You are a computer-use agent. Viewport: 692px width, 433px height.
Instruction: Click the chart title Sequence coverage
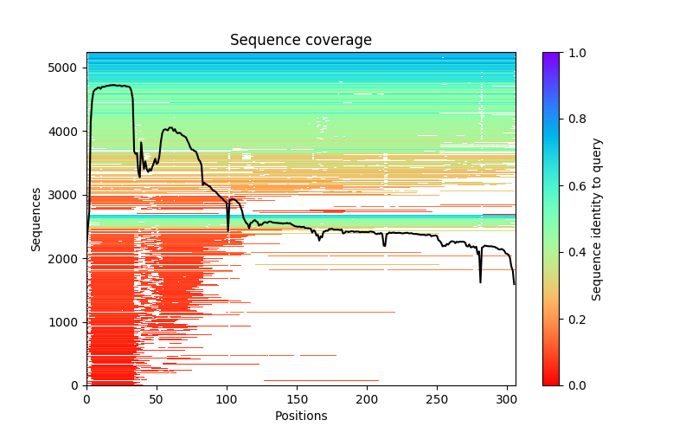coord(300,40)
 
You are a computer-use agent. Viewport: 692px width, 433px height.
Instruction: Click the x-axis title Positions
coord(300,416)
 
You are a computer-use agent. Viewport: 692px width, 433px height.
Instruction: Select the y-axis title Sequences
coord(36,218)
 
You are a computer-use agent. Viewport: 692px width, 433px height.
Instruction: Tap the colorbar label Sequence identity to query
coord(597,218)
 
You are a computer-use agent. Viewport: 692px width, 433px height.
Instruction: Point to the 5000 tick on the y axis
coord(68,68)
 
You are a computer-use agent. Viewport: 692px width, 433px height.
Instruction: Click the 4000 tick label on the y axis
coord(68,132)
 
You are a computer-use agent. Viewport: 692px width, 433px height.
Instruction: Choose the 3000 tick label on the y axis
coord(68,195)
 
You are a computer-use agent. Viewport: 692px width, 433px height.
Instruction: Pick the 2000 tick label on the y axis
coord(68,259)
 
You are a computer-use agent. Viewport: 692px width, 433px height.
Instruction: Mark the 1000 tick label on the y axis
coord(68,322)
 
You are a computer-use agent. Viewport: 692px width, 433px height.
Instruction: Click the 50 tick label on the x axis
coord(157,398)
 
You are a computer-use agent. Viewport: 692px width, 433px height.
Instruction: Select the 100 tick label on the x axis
coord(227,398)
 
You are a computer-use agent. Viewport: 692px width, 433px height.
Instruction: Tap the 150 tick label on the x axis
coord(297,398)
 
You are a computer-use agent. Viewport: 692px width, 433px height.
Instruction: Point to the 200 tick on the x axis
coord(367,398)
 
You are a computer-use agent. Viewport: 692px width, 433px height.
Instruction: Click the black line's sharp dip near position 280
coord(480,281)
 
